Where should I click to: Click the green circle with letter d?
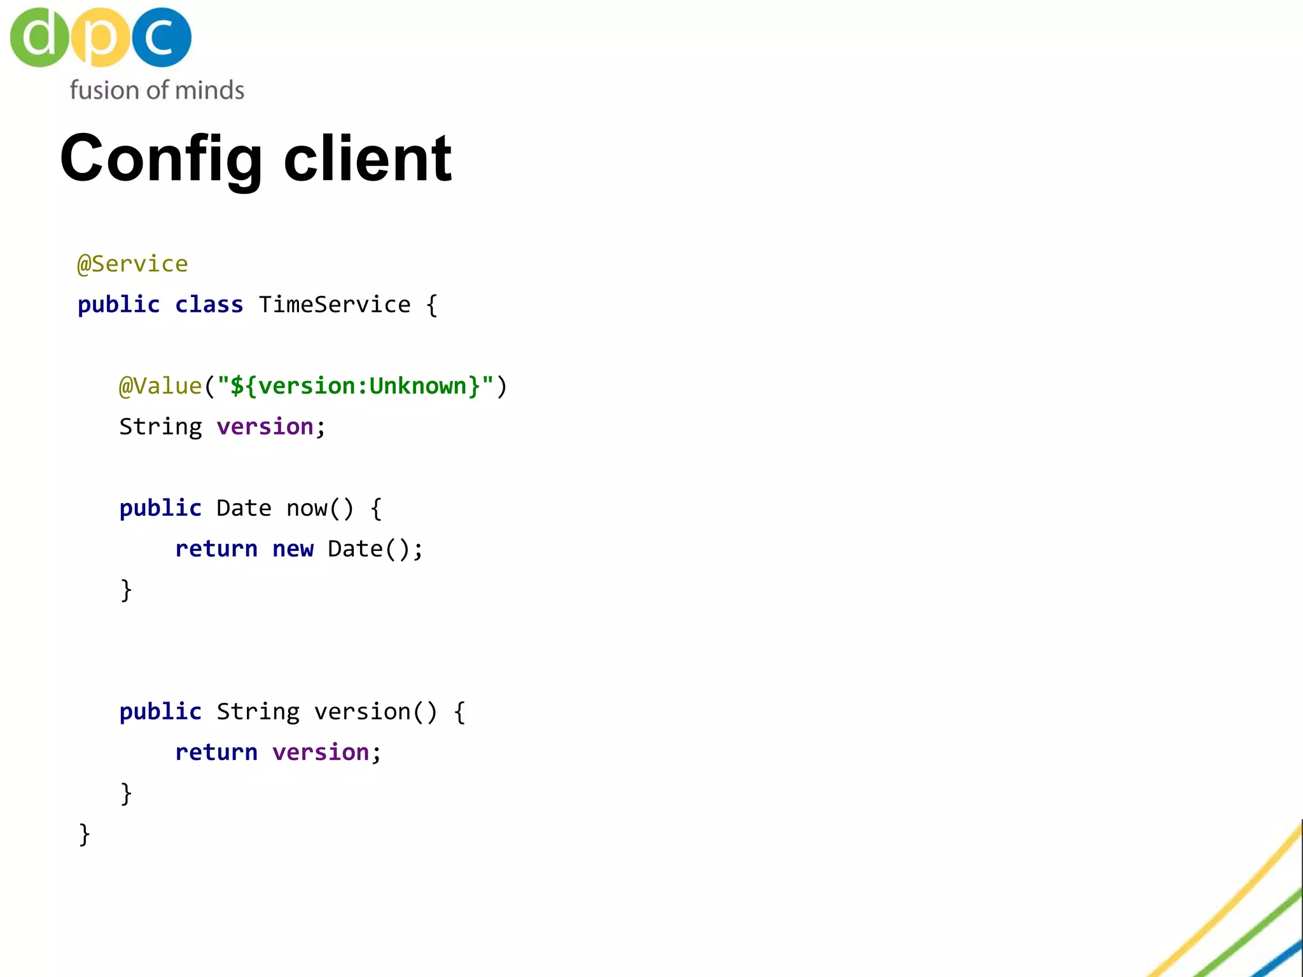tap(39, 37)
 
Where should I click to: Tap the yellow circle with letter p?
tap(101, 37)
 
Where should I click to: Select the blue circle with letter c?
tap(161, 37)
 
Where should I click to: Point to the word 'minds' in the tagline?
tap(209, 90)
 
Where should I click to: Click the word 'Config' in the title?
tap(161, 159)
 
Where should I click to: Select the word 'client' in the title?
tap(368, 159)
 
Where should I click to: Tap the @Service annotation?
tap(132, 264)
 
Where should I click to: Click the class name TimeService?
tap(335, 305)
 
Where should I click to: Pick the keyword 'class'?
tap(209, 305)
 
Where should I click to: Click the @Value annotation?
tap(160, 386)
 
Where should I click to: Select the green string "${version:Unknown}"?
tap(355, 386)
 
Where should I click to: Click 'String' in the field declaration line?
tap(160, 427)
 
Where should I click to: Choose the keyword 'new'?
tap(293, 549)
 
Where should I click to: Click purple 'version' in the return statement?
tap(321, 752)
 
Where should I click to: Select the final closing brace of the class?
tap(84, 834)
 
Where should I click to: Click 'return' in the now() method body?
tap(216, 549)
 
